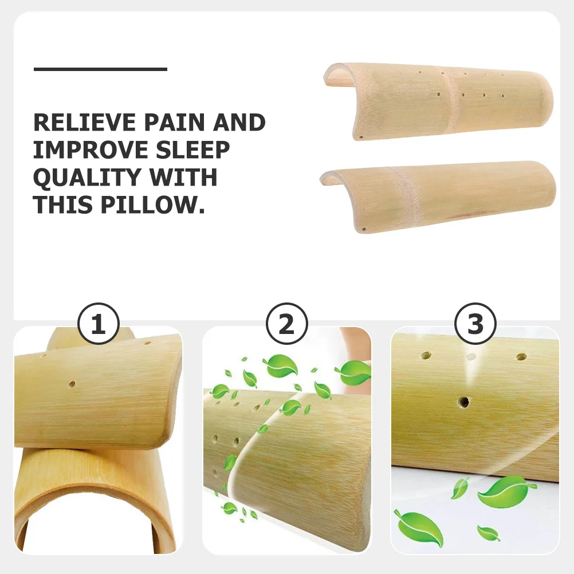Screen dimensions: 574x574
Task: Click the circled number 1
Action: coord(98,325)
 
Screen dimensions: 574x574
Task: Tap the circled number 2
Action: coord(286,325)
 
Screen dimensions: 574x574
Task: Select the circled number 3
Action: coord(475,325)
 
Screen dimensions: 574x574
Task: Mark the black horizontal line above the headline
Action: coord(100,69)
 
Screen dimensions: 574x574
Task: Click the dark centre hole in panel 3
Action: coord(463,402)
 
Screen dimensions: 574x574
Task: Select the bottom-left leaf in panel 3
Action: coord(419,529)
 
